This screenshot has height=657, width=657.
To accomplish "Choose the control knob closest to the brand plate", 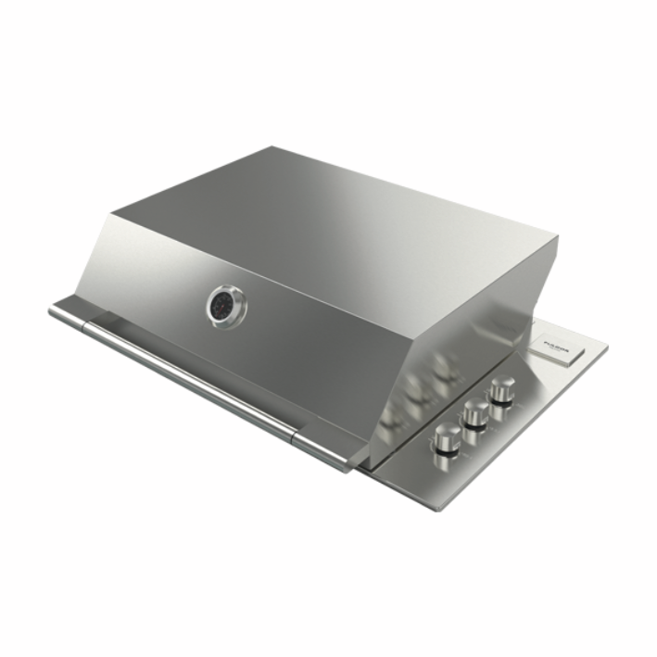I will (503, 389).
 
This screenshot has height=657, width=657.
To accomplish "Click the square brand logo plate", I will (559, 349).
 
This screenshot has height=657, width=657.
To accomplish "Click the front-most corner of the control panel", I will (436, 507).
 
